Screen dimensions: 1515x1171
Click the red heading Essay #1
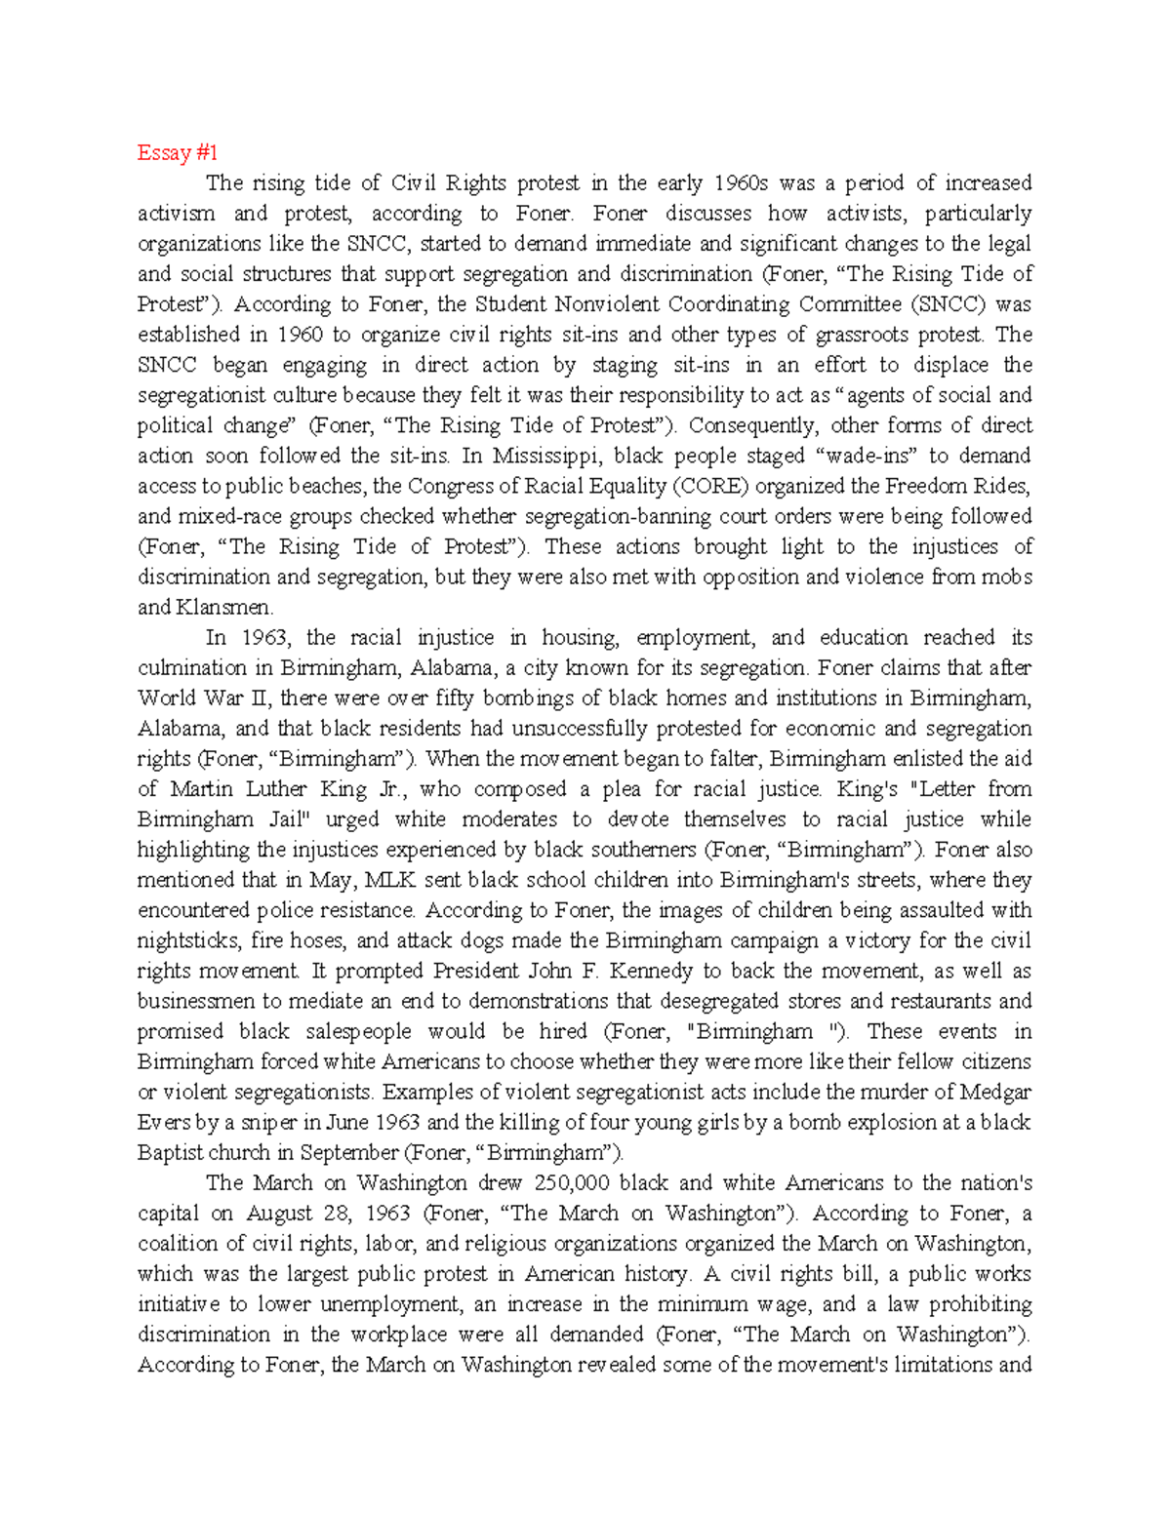177,152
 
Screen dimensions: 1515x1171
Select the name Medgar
996,1092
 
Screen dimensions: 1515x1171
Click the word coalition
179,1244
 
